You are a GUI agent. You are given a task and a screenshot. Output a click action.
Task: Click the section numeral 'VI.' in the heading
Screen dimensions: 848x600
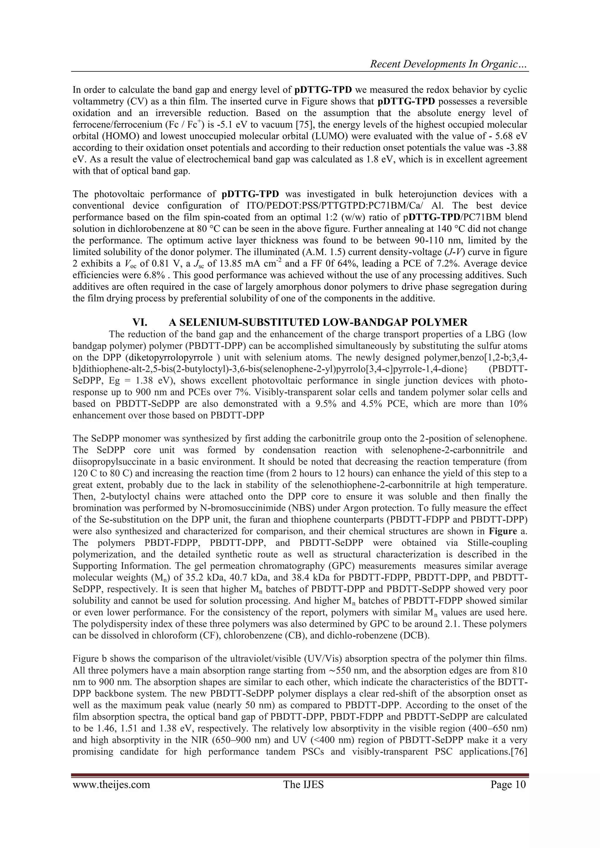pyautogui.click(x=140, y=323)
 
